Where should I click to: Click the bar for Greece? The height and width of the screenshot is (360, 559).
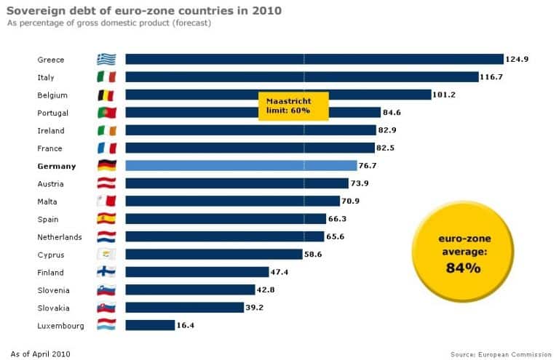click(x=314, y=60)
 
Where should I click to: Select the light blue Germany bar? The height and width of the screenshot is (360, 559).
click(x=241, y=166)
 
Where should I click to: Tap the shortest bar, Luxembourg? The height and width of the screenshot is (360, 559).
click(x=150, y=325)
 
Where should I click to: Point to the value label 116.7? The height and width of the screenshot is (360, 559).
click(x=491, y=77)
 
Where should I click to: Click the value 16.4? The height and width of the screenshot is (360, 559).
click(x=186, y=326)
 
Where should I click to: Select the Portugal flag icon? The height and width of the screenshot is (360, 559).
click(x=106, y=113)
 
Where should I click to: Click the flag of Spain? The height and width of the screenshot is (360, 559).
click(x=106, y=219)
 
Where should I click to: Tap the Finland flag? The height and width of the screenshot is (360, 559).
click(x=106, y=272)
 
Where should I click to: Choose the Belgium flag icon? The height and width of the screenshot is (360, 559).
click(x=106, y=95)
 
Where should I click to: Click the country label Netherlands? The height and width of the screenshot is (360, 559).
click(x=60, y=237)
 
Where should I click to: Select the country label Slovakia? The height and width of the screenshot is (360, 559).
click(x=54, y=308)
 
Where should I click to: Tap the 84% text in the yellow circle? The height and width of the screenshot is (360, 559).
click(x=463, y=268)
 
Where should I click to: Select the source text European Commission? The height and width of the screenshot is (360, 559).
click(x=518, y=354)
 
